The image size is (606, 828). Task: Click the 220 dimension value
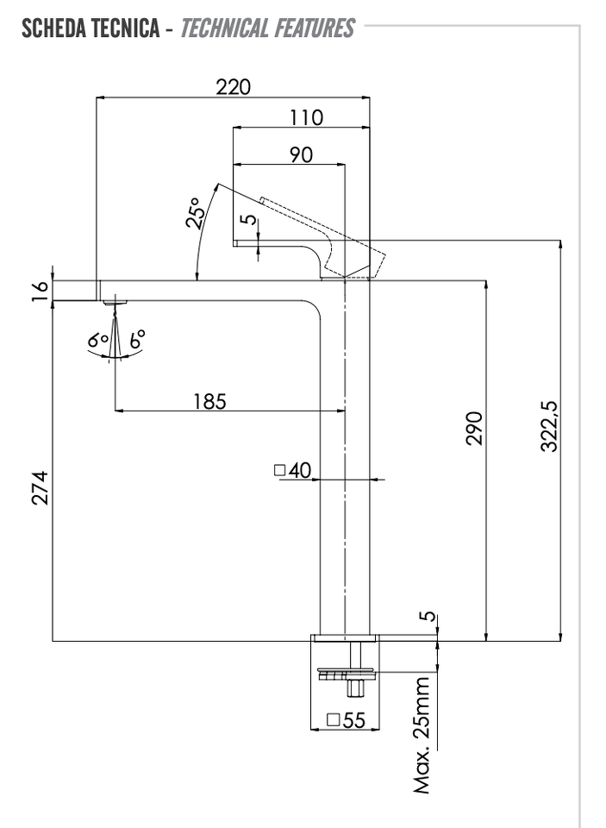(233, 86)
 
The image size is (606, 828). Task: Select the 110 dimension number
(306, 117)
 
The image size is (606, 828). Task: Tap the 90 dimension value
(302, 154)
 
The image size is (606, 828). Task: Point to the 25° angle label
(194, 213)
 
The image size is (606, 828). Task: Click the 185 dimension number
(209, 401)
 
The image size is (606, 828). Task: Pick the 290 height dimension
(475, 429)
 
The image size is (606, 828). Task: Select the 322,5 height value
(549, 427)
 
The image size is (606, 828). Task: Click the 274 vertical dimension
(41, 488)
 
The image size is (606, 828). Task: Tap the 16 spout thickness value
(41, 291)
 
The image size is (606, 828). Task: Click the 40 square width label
(300, 470)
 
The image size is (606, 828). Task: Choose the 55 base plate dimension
(353, 719)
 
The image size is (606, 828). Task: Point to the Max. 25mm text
(422, 736)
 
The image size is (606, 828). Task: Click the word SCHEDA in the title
(53, 28)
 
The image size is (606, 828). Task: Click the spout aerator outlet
(116, 303)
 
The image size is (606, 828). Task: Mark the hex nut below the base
(354, 688)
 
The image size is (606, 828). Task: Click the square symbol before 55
(333, 719)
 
